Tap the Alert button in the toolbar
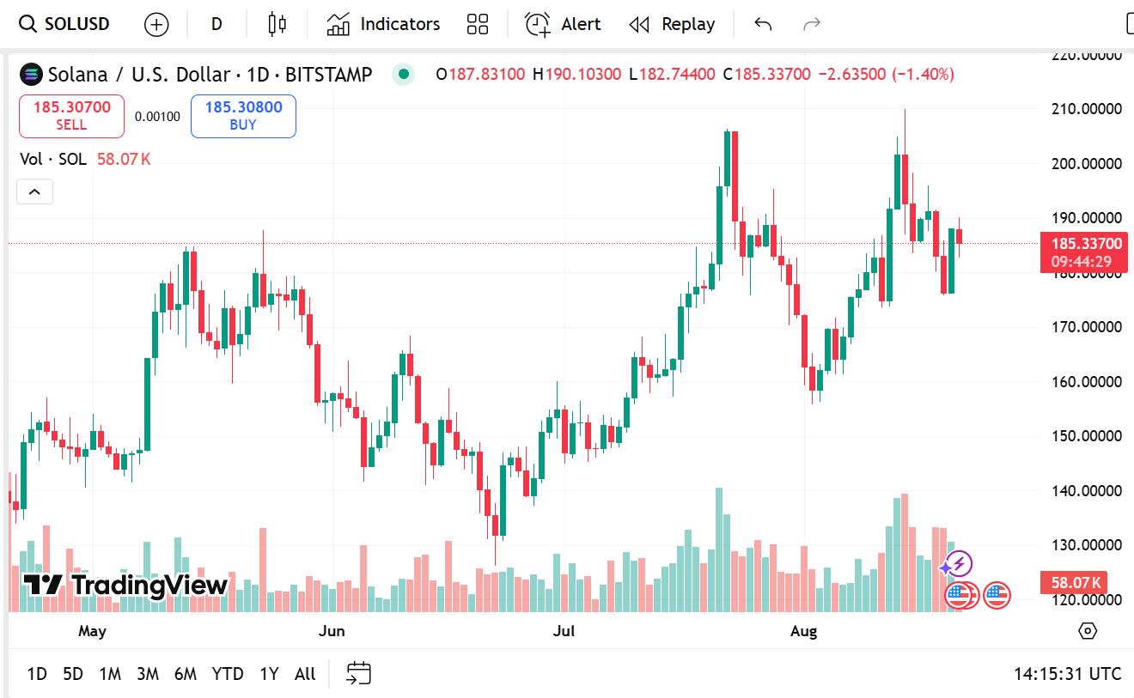(x=563, y=24)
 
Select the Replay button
(x=672, y=24)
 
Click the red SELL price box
(x=72, y=116)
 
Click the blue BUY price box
(x=243, y=116)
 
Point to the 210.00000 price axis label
(x=1087, y=109)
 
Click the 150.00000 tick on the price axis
(x=1087, y=436)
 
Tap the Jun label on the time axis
(x=332, y=631)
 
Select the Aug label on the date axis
(x=803, y=631)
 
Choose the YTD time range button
(x=227, y=674)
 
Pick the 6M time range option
(x=185, y=674)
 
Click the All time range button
(x=305, y=674)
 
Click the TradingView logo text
(x=125, y=586)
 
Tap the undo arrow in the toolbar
(x=763, y=24)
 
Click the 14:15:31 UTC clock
(x=1067, y=674)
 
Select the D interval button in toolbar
(x=216, y=24)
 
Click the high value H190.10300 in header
(x=576, y=75)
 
